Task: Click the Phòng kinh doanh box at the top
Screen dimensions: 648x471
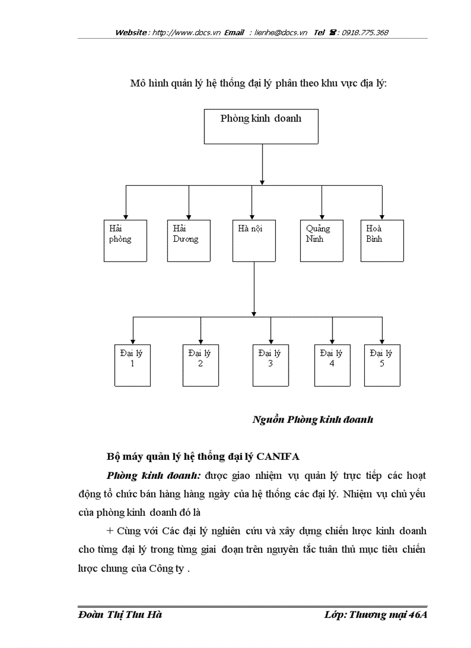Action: pos(261,126)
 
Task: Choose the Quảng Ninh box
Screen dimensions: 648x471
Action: pos(322,240)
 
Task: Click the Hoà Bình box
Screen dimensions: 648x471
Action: pos(382,240)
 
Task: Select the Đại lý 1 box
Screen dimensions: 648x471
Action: pos(132,365)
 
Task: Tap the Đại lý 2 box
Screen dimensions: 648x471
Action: pos(200,365)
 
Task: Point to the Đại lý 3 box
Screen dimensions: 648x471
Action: pos(270,365)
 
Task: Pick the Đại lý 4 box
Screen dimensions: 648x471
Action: pos(332,365)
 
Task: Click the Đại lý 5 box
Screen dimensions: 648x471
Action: pos(382,365)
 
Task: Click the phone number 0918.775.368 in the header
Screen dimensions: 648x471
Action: pos(365,33)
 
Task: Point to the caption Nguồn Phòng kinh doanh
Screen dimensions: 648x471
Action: pos(312,419)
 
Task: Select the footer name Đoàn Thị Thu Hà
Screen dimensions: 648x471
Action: pos(119,615)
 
